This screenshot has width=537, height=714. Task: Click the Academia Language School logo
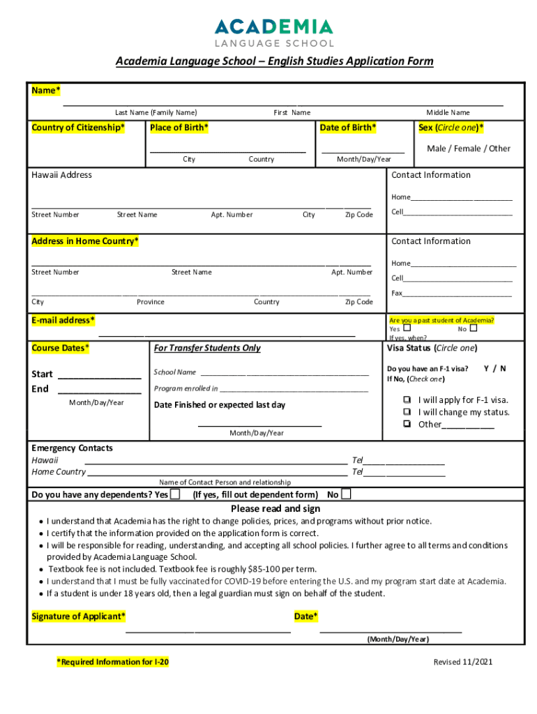click(x=273, y=33)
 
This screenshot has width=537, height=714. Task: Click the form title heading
click(x=274, y=61)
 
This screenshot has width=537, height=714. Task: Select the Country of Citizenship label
click(x=78, y=128)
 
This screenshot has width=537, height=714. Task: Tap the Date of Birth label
click(x=347, y=128)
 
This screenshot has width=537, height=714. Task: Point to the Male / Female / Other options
click(x=468, y=149)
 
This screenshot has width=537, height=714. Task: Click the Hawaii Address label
click(x=61, y=175)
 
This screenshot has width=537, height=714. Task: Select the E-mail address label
click(x=63, y=321)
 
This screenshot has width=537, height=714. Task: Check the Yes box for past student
click(x=407, y=328)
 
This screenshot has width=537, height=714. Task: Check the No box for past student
click(x=474, y=328)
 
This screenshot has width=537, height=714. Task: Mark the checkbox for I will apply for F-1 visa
click(x=406, y=400)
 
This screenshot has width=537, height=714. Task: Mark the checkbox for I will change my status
click(x=406, y=412)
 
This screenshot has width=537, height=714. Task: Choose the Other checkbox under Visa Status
click(x=406, y=424)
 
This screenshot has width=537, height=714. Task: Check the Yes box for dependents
click(x=175, y=495)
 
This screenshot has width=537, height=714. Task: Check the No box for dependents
click(x=346, y=495)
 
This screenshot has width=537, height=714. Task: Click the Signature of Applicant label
click(x=79, y=616)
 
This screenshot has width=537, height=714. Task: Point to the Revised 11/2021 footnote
click(x=462, y=662)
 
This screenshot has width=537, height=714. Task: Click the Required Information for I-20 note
click(x=112, y=662)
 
